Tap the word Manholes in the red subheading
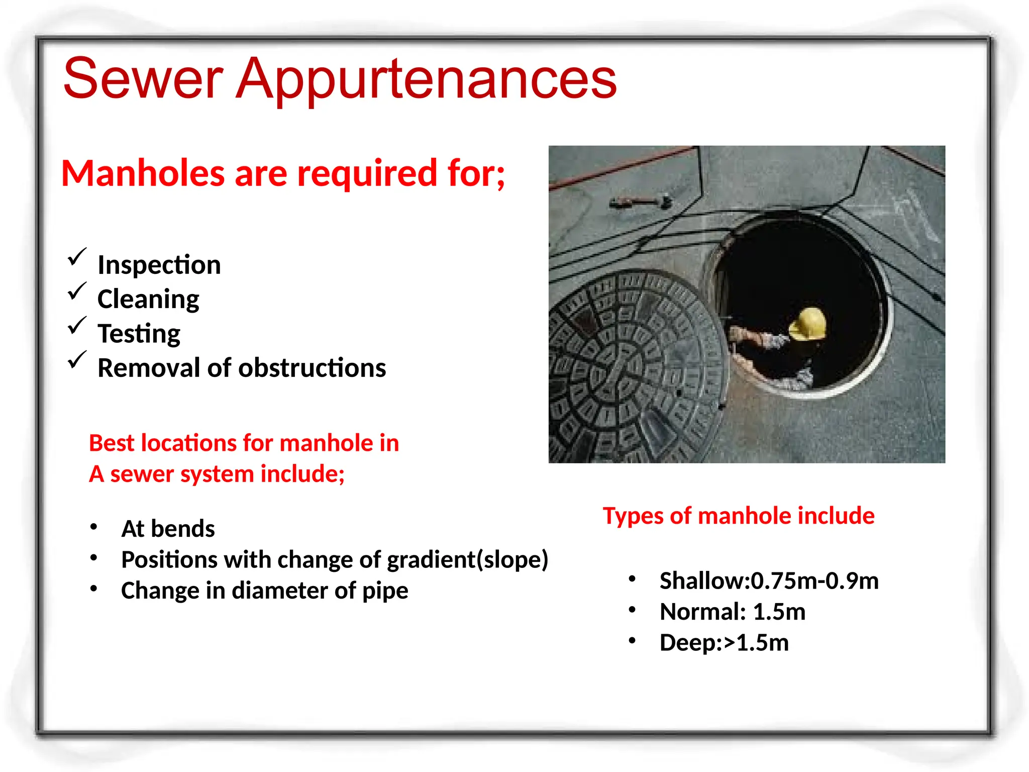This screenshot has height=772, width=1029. (x=143, y=173)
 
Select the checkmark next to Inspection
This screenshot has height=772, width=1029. (x=77, y=257)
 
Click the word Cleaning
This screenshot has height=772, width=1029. (x=148, y=300)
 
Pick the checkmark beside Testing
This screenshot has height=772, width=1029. (x=77, y=326)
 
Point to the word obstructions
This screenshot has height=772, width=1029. (x=312, y=368)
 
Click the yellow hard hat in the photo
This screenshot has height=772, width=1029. (x=808, y=324)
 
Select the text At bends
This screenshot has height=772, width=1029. (x=168, y=529)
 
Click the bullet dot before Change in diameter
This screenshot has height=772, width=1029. (x=93, y=589)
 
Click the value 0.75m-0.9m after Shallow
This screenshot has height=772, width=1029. (x=814, y=581)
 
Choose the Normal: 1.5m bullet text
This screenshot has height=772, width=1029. (x=733, y=612)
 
